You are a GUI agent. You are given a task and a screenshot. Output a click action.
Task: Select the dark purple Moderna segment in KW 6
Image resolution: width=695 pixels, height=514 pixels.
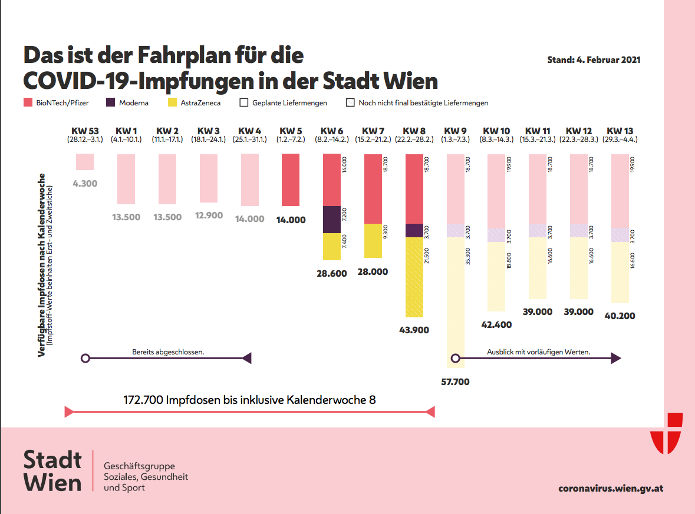[x=332, y=220]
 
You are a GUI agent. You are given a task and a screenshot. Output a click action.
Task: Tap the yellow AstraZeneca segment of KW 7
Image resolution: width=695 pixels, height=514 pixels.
[x=373, y=241]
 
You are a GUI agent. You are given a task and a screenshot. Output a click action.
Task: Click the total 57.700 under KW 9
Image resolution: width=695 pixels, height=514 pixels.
[x=455, y=382]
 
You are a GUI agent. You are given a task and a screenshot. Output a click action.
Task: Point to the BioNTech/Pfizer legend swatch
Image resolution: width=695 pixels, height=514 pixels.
[x=28, y=103]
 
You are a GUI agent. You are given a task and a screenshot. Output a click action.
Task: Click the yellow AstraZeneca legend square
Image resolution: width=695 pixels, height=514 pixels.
[x=173, y=103]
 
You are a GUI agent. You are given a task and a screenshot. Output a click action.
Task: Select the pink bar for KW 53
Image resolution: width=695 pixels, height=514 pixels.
[x=85, y=162]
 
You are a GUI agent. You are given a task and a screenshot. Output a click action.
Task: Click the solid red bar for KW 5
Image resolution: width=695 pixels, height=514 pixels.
[x=291, y=180]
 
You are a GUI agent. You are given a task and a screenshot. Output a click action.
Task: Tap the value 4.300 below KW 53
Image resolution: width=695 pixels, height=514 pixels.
[x=85, y=184]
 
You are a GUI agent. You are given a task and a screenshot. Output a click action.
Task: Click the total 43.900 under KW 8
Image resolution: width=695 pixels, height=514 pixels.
[x=414, y=330]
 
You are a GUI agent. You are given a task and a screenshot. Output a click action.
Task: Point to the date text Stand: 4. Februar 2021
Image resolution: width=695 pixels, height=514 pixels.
[x=594, y=60]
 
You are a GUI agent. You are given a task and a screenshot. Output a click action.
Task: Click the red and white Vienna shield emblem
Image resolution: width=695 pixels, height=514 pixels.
[x=666, y=434]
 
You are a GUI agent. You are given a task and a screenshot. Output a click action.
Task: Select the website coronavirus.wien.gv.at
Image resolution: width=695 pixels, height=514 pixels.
[x=611, y=488]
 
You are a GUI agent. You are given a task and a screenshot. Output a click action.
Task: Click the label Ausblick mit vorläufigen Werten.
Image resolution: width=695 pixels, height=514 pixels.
[x=539, y=353]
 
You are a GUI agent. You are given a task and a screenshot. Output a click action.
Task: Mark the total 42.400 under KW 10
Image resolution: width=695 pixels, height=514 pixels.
[x=496, y=325]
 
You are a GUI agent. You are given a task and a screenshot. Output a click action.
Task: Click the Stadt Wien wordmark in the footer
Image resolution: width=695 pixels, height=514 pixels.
[x=53, y=470]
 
